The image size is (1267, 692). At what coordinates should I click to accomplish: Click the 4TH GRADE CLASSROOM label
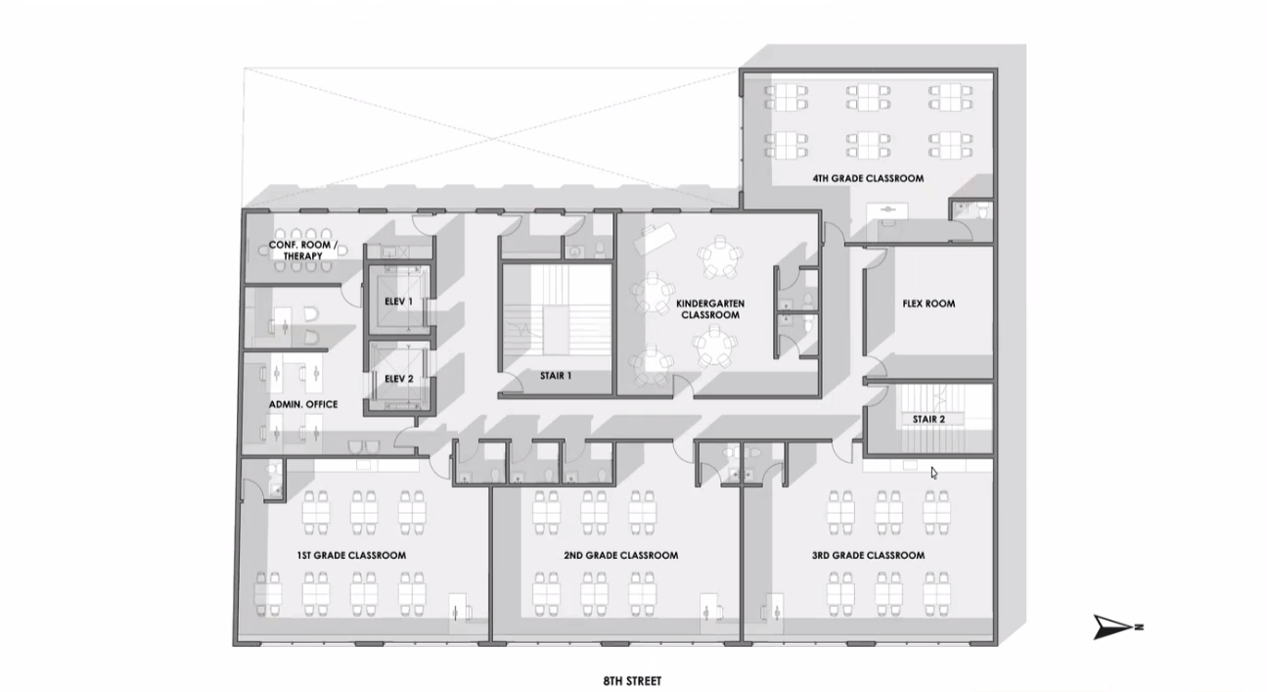(868, 178)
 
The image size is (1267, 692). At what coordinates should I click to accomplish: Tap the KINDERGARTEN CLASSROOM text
(710, 309)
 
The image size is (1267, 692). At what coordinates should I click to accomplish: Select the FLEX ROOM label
(928, 303)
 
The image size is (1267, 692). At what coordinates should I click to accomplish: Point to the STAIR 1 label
(556, 376)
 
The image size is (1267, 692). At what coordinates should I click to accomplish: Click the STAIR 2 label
(928, 419)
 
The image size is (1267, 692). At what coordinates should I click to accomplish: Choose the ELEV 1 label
(399, 301)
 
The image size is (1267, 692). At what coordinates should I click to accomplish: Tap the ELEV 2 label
(399, 379)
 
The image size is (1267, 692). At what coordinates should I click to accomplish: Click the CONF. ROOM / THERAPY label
(303, 251)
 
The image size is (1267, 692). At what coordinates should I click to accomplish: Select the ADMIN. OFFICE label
(303, 404)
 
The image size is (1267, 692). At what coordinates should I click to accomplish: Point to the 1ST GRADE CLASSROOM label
(351, 556)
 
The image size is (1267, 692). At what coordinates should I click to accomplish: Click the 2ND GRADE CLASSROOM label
(621, 556)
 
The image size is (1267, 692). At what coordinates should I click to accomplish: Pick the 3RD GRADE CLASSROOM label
(868, 556)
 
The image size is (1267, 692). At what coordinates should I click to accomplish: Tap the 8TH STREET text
(632, 681)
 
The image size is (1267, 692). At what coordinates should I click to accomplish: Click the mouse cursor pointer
(934, 473)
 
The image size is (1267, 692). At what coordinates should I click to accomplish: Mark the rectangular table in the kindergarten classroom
(655, 238)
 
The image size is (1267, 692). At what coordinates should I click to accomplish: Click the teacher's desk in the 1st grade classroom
(458, 614)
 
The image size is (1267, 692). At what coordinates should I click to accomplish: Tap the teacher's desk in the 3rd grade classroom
(775, 614)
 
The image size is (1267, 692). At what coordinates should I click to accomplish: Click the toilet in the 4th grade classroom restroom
(983, 211)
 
